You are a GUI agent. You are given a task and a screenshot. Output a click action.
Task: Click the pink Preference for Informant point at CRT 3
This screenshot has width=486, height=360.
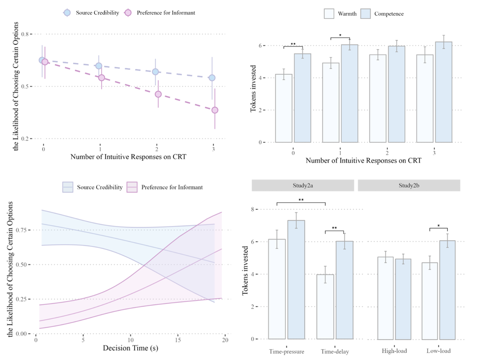(215, 110)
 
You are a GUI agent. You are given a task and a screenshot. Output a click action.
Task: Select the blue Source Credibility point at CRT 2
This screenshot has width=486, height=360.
(155, 72)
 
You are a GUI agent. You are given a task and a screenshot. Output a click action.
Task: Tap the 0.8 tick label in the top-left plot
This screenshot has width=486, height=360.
(26, 34)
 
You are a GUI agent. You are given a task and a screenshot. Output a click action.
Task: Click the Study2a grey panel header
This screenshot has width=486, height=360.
(303, 185)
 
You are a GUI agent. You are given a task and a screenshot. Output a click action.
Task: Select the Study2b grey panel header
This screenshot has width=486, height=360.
(409, 185)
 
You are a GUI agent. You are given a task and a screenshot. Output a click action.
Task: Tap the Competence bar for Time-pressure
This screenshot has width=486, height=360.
(296, 280)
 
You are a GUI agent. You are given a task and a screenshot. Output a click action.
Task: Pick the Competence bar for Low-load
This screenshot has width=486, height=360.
(448, 290)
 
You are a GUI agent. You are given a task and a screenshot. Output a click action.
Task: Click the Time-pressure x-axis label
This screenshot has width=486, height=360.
(286, 351)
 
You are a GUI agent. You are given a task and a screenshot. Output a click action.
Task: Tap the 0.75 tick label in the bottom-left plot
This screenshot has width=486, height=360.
(24, 230)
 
